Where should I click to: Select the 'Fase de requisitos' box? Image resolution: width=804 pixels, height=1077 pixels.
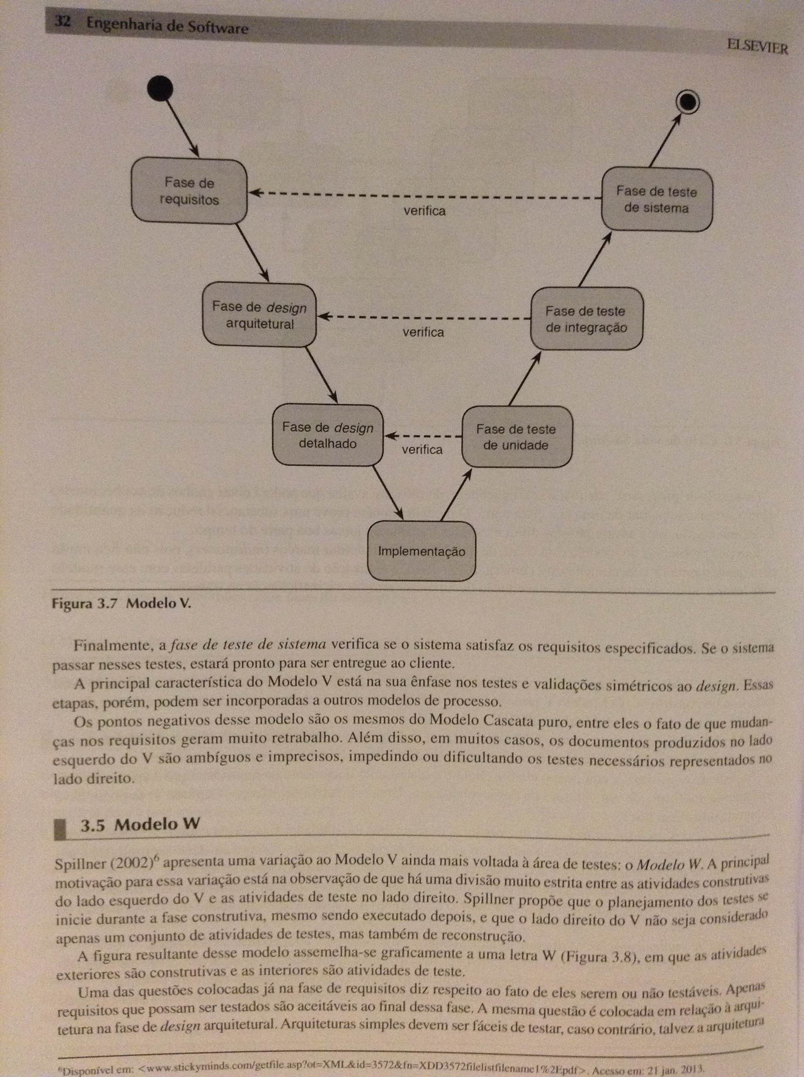(189, 191)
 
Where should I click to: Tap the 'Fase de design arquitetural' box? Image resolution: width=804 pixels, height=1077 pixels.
(259, 315)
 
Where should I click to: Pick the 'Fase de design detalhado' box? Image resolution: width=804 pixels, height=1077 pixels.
(328, 435)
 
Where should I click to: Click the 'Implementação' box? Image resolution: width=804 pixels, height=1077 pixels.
(421, 551)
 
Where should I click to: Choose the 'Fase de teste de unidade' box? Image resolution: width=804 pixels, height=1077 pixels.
(516, 437)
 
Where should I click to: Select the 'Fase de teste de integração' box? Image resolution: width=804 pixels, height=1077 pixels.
(586, 319)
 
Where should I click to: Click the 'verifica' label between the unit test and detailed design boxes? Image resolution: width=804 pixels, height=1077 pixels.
(422, 450)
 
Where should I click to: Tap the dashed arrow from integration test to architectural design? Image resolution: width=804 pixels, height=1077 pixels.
(424, 317)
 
